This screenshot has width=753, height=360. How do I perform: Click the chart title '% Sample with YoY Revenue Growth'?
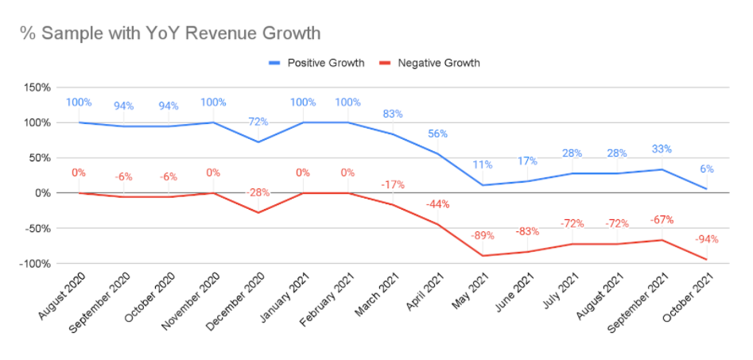click(x=171, y=34)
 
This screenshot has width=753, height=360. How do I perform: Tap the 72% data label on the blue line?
click(x=258, y=122)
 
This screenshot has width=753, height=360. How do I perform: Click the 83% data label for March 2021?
click(x=391, y=114)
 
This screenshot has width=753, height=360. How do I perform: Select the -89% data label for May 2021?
click(x=481, y=235)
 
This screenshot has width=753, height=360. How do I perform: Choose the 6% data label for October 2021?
click(x=705, y=168)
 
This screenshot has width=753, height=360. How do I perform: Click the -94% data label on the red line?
click(x=705, y=239)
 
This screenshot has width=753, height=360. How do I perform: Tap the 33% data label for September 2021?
click(x=661, y=149)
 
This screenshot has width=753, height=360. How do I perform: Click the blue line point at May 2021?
click(x=482, y=185)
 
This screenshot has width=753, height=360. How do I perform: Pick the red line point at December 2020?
click(x=258, y=212)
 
